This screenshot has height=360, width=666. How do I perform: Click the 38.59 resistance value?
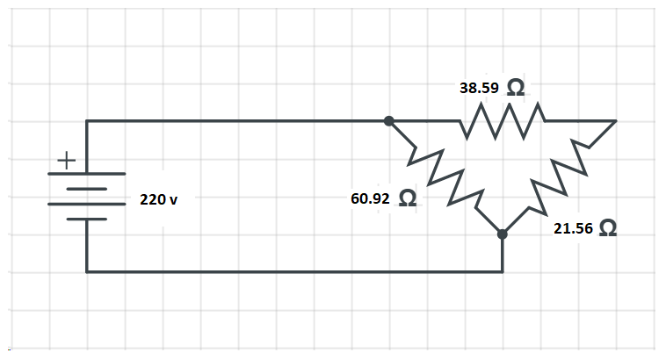click(x=480, y=88)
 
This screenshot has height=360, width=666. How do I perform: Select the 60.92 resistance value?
click(x=370, y=198)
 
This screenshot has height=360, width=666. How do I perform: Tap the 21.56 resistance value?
click(x=572, y=228)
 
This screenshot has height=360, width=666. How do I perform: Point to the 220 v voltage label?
click(x=158, y=200)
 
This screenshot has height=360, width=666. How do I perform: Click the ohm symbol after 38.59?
click(x=517, y=88)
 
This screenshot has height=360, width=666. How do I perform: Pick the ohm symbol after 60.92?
click(x=408, y=199)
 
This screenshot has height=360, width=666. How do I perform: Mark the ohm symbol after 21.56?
click(x=606, y=229)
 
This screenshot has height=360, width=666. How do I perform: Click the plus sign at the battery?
click(x=67, y=161)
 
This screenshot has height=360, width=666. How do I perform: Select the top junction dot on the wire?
click(x=389, y=121)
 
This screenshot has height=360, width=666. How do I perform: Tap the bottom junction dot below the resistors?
click(x=502, y=234)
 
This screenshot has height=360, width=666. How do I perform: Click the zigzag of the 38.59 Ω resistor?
click(x=502, y=121)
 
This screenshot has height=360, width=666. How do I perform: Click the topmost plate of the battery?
click(x=86, y=174)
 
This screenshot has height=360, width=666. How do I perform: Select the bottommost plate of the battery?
click(x=86, y=219)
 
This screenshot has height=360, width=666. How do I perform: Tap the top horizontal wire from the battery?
click(x=237, y=121)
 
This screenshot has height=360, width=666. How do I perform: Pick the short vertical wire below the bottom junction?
click(x=502, y=255)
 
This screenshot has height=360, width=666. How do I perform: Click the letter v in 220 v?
click(x=173, y=201)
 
